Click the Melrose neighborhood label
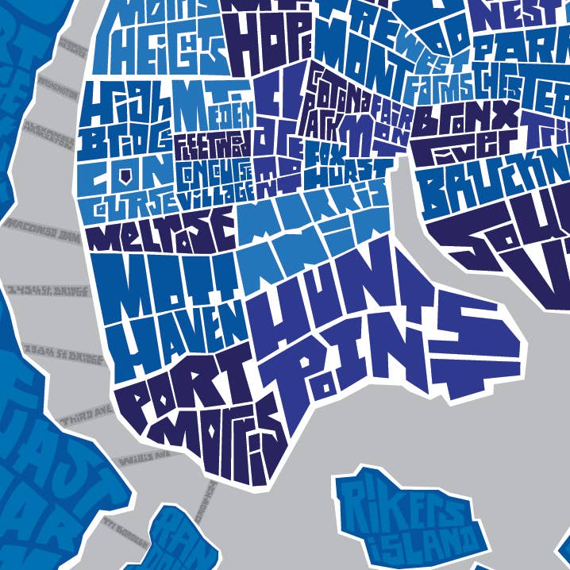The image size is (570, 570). [x=163, y=228]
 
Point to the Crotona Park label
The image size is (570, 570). [x=333, y=99]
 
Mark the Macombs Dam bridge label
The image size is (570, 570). [x=40, y=226]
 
